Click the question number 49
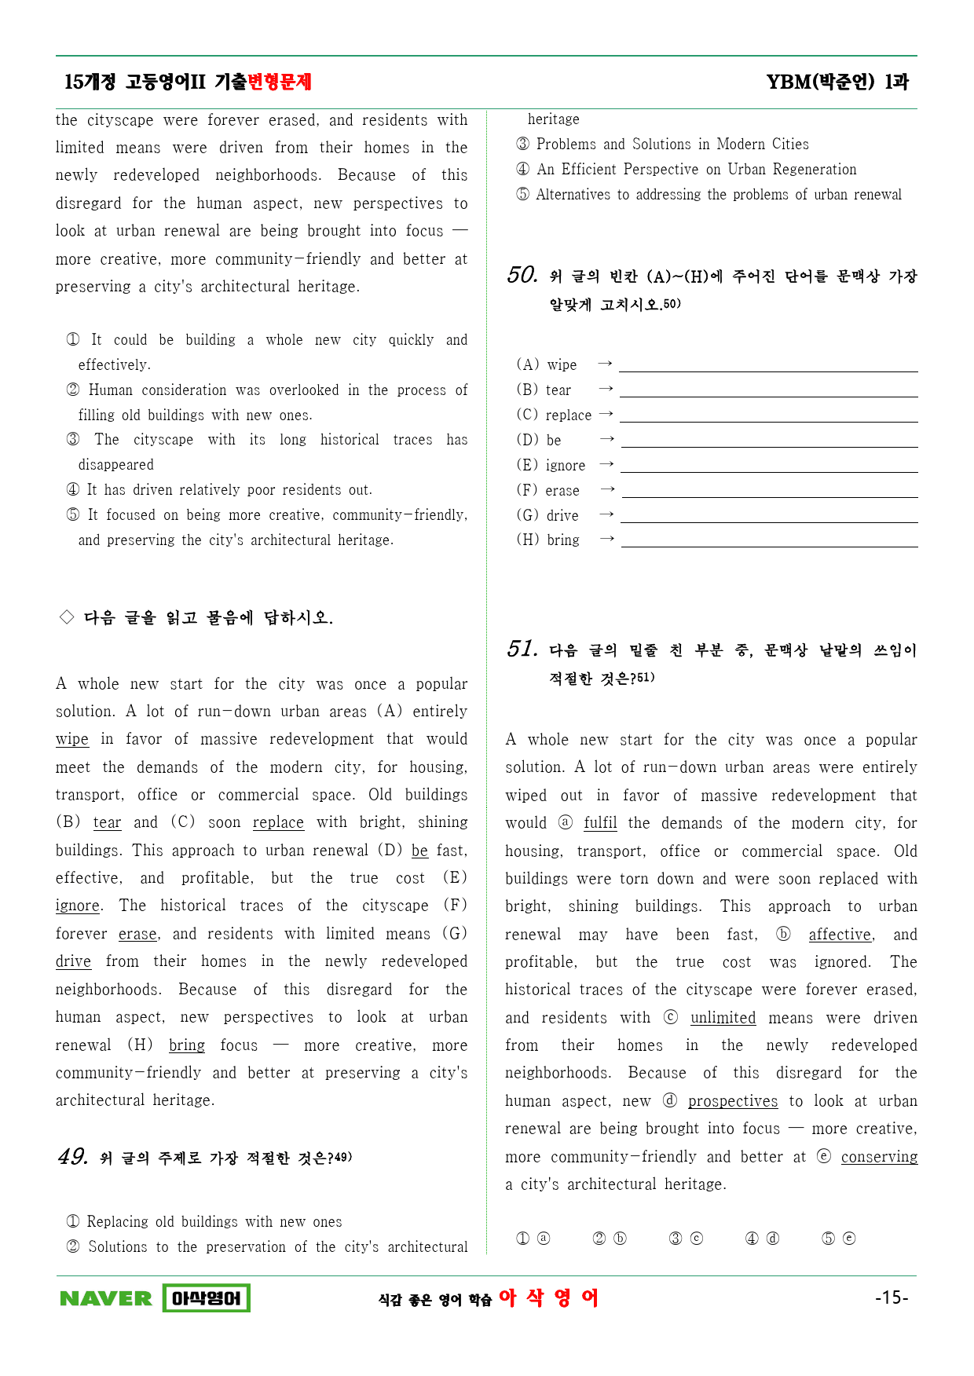72,1157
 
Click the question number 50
522,275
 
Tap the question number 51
522,649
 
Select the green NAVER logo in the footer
106,1298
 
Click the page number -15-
892,1297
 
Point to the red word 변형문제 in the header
280,82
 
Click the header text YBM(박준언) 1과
837,82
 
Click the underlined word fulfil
600,823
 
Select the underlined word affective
840,935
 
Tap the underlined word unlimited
723,1018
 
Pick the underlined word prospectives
733,1101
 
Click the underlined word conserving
879,1157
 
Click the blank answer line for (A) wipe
768,366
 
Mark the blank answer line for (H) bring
769,541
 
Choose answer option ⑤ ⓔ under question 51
838,1239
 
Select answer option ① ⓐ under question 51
533,1239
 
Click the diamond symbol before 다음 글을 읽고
67,617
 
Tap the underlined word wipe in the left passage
72,739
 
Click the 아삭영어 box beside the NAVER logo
206,1298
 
